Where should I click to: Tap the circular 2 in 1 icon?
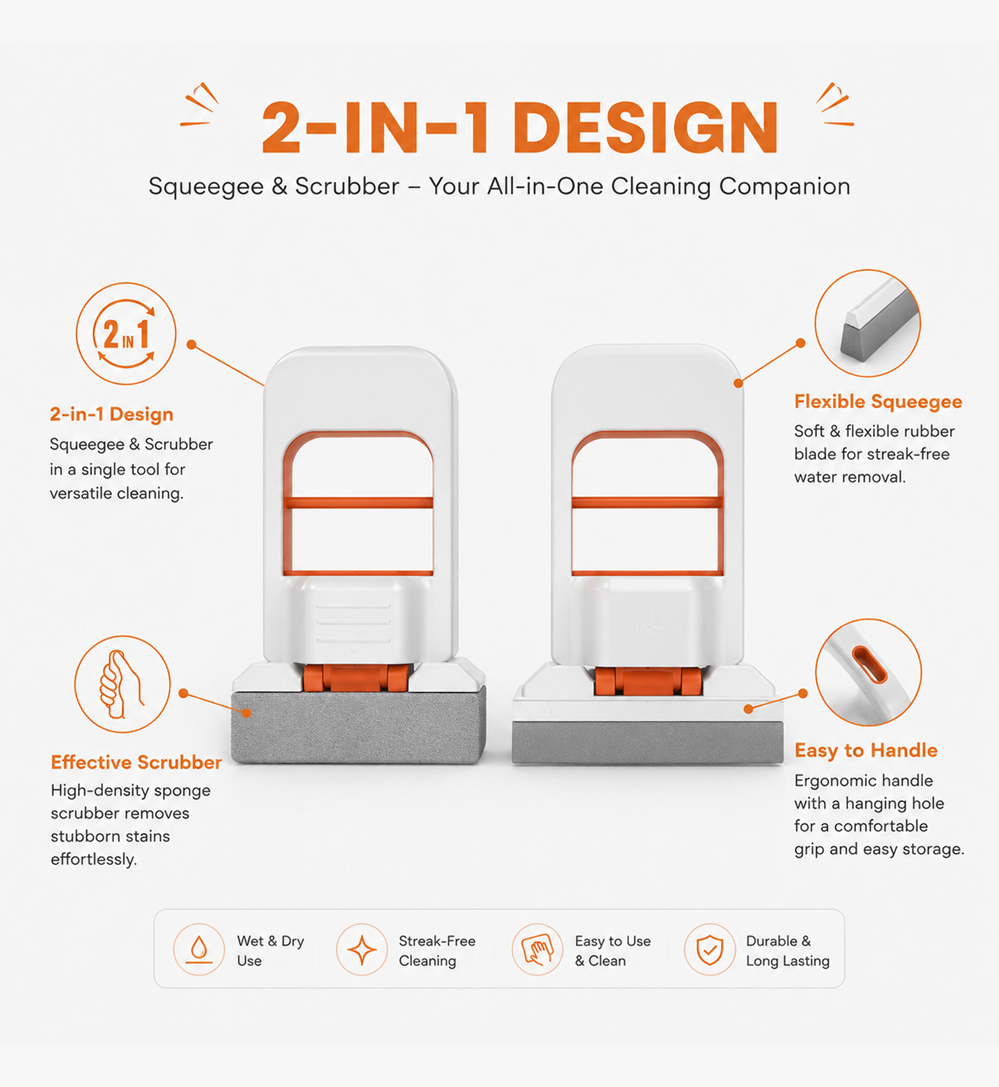coord(126,333)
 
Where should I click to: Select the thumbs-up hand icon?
coord(122,684)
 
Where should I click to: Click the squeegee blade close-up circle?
coord(868,323)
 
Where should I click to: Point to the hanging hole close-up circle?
coord(868,672)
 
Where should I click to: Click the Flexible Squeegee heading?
coord(878,402)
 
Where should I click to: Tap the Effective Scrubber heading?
coord(136,762)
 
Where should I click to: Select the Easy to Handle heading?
coord(866,750)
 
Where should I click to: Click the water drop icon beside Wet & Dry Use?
coord(199,949)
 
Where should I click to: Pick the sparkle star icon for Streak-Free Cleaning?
coord(362,949)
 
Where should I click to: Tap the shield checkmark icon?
coord(709,949)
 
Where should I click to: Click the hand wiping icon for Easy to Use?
coord(537,949)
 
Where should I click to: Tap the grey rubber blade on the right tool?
coord(648,743)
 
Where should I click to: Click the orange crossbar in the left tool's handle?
coord(358,503)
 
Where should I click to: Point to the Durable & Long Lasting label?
coord(787,951)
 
